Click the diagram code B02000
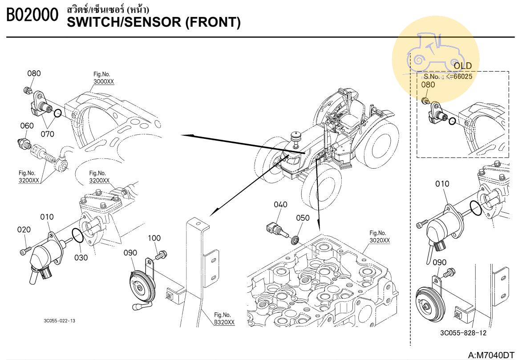pyautogui.click(x=32, y=16)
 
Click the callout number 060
pyautogui.click(x=27, y=126)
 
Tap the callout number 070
pyautogui.click(x=48, y=133)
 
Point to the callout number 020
pyautogui.click(x=24, y=230)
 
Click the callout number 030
pyautogui.click(x=81, y=257)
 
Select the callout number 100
pyautogui.click(x=154, y=238)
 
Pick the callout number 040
pyautogui.click(x=280, y=205)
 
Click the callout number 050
pyautogui.click(x=303, y=218)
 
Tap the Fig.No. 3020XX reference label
pyautogui.click(x=379, y=237)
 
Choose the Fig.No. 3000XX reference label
pyautogui.click(x=103, y=78)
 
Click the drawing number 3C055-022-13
pyautogui.click(x=59, y=321)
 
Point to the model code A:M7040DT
pyautogui.click(x=491, y=355)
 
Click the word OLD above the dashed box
pyautogui.click(x=462, y=66)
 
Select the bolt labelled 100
pyautogui.click(x=162, y=255)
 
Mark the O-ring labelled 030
pyautogui.click(x=77, y=237)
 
